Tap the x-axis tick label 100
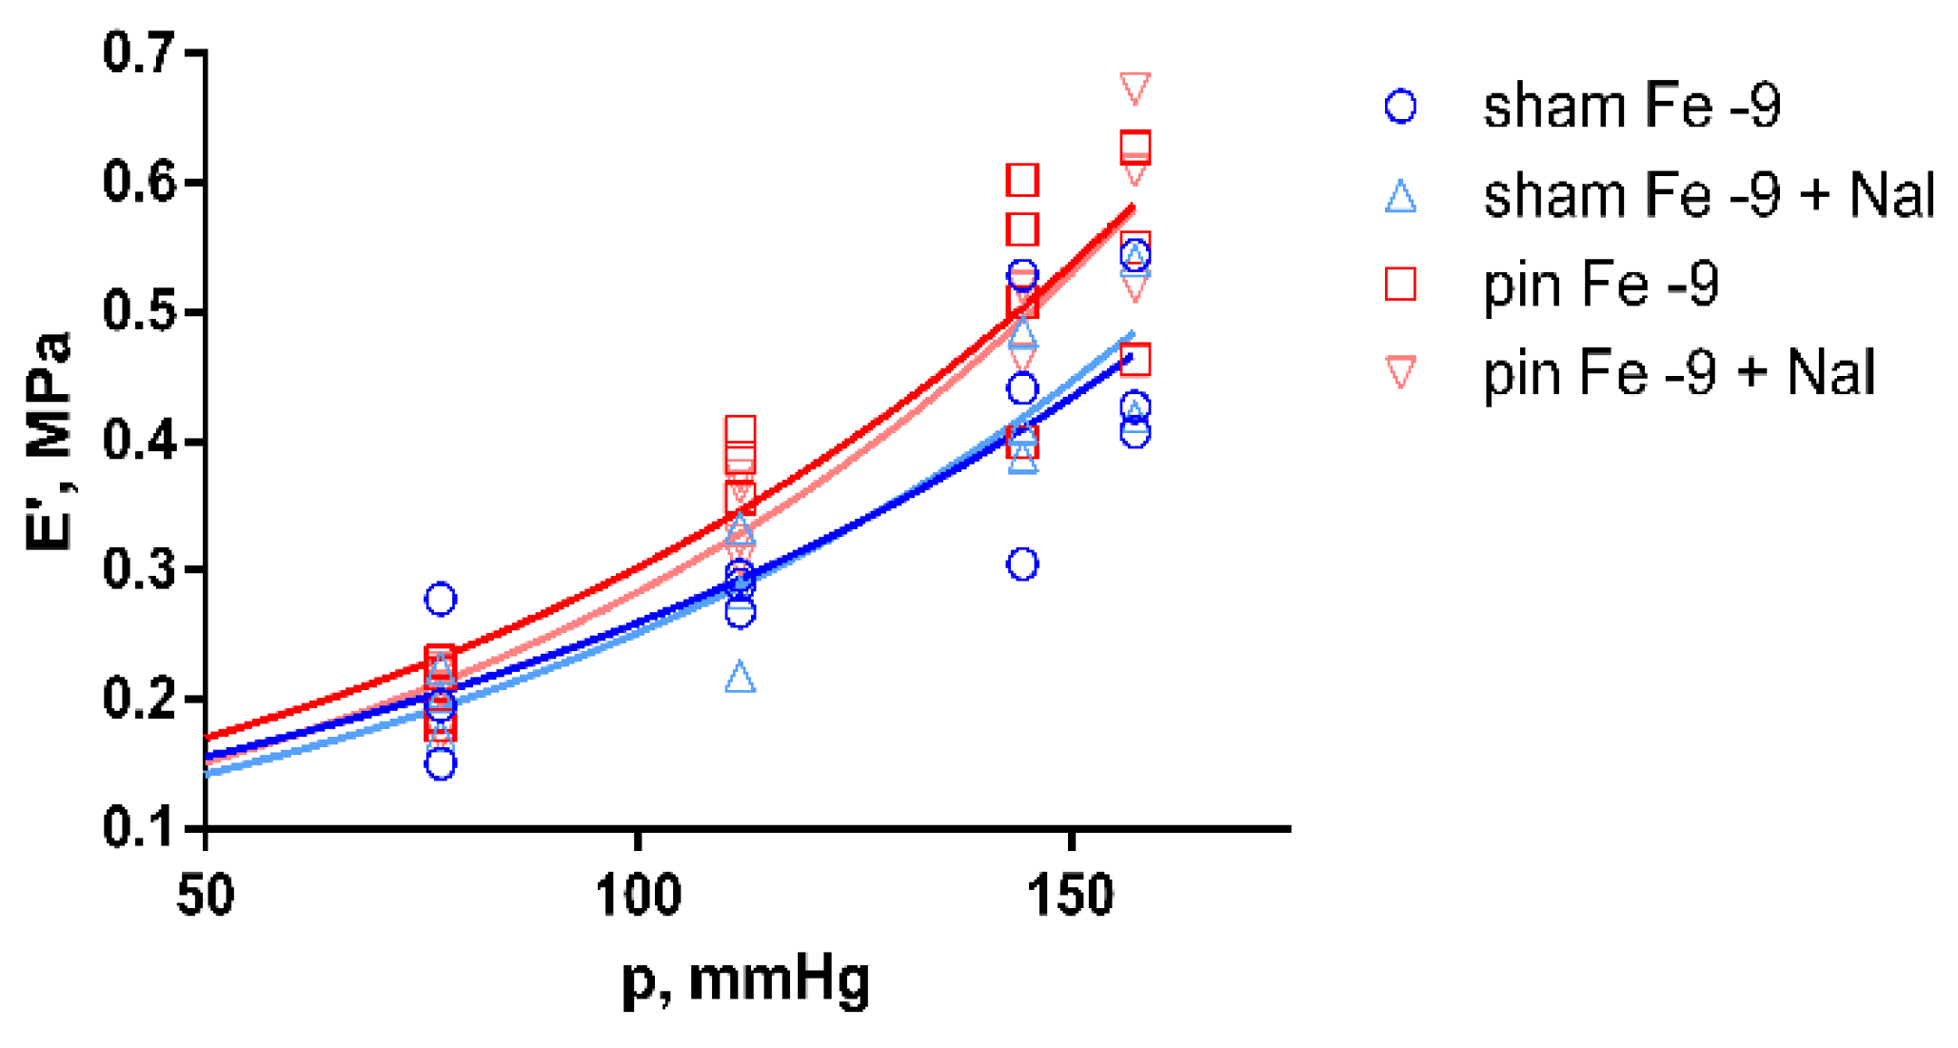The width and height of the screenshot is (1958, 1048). pos(638,896)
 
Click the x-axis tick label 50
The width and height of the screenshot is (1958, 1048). pos(206,896)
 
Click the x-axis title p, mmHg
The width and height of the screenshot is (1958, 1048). pos(745,980)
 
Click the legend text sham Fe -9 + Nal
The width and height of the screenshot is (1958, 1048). pos(1709,195)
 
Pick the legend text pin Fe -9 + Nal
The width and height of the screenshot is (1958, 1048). pos(1679,372)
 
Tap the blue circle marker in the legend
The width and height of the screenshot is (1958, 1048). pos(1400,107)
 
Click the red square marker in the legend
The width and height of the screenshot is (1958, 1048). pos(1400,284)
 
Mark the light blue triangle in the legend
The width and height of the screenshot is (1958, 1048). pos(1400,197)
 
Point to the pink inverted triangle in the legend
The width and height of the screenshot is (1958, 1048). pos(1400,371)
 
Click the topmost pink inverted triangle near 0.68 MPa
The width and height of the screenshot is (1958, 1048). pos(1135,87)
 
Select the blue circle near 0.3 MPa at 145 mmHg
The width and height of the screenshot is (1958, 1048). pos(1022,564)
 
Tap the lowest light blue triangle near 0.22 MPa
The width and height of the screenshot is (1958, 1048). pos(740,678)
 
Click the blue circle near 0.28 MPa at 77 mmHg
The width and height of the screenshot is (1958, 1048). pos(441,599)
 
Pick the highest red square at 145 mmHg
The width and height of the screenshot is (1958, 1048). pos(1022,179)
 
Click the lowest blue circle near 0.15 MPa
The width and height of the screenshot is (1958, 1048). pos(441,763)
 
